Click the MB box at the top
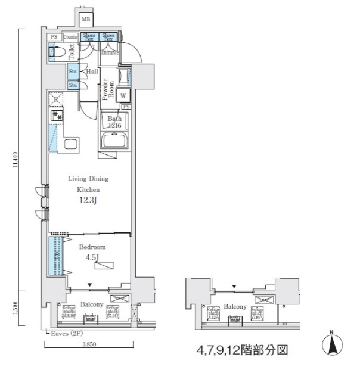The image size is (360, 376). pos(86,19)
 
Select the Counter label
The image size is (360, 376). pos(71,36)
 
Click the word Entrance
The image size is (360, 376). pos(109,53)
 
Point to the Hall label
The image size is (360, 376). pos(92,72)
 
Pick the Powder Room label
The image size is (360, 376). pos(107,90)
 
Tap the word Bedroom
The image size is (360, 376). pos(92,246)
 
